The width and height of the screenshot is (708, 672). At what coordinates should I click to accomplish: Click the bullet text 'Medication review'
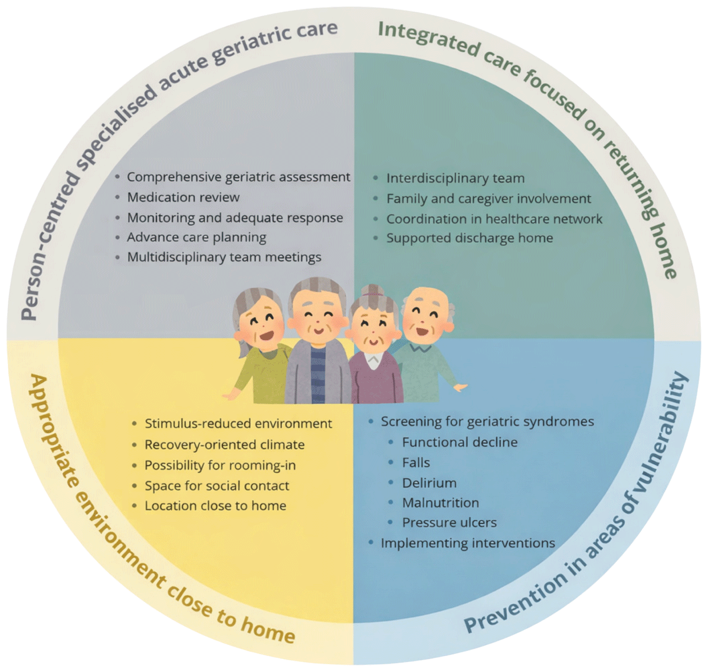click(x=183, y=197)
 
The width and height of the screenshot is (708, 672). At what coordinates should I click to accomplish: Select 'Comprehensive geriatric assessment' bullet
click(x=238, y=177)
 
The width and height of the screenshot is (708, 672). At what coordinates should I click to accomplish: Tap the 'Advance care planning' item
click(x=196, y=238)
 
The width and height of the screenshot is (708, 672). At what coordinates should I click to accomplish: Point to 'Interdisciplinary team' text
click(x=455, y=178)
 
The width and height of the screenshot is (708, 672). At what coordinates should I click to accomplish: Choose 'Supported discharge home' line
click(x=470, y=238)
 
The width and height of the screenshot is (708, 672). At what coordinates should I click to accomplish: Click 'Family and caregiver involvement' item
click(x=489, y=199)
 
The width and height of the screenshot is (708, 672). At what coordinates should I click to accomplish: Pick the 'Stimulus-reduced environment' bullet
click(x=238, y=424)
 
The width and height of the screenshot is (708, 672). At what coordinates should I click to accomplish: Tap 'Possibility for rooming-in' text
click(x=220, y=466)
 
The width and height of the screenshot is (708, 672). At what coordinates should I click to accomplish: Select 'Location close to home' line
click(x=215, y=506)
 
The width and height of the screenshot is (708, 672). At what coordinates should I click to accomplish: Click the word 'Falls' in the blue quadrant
click(x=416, y=463)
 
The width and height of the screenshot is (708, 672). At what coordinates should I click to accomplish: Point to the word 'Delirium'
click(x=430, y=483)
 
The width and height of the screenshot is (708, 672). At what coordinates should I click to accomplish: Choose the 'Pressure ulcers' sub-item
click(x=450, y=523)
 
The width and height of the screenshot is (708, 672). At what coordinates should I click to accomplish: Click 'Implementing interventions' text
click(x=468, y=543)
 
